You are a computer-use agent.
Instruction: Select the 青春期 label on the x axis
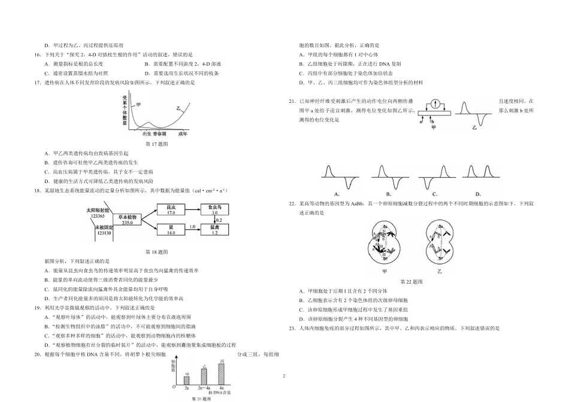pos(158,135)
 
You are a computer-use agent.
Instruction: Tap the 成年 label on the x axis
pos(182,135)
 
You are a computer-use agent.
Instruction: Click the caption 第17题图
pos(157,144)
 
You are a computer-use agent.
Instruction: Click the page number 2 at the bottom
pos(284,376)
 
